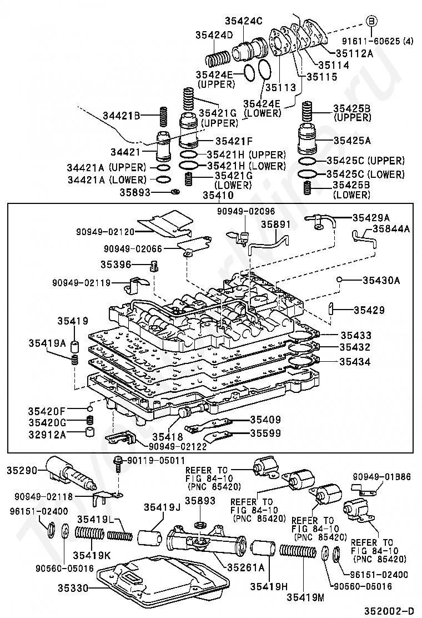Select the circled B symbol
[x=371, y=22]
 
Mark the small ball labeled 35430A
[x=339, y=280]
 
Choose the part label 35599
[x=265, y=433]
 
